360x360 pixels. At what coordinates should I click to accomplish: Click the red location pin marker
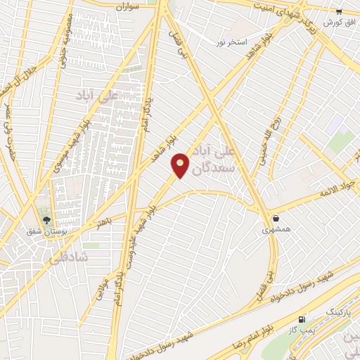181,165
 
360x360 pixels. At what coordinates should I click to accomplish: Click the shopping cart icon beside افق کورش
339,12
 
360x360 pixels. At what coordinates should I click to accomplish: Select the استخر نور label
231,42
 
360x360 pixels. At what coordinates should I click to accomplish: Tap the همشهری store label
276,229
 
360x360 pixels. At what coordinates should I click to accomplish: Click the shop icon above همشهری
276,219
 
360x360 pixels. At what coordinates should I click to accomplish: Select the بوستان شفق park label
47,231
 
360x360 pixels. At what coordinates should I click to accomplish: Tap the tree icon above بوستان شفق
47,220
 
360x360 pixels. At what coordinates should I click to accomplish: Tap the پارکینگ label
337,310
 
